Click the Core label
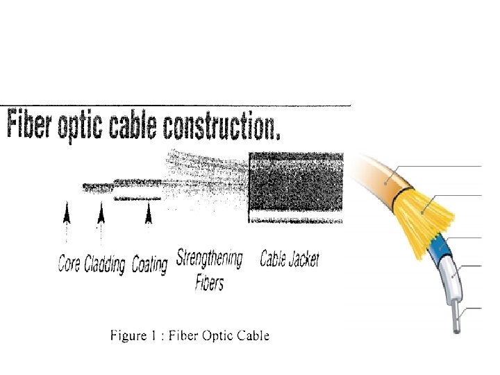point(69,264)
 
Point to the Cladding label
point(105,264)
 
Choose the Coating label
point(149,264)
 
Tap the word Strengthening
point(210,260)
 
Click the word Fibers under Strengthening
point(210,283)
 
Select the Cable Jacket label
point(290,260)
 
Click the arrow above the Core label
point(67,212)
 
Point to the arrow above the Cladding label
point(101,212)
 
